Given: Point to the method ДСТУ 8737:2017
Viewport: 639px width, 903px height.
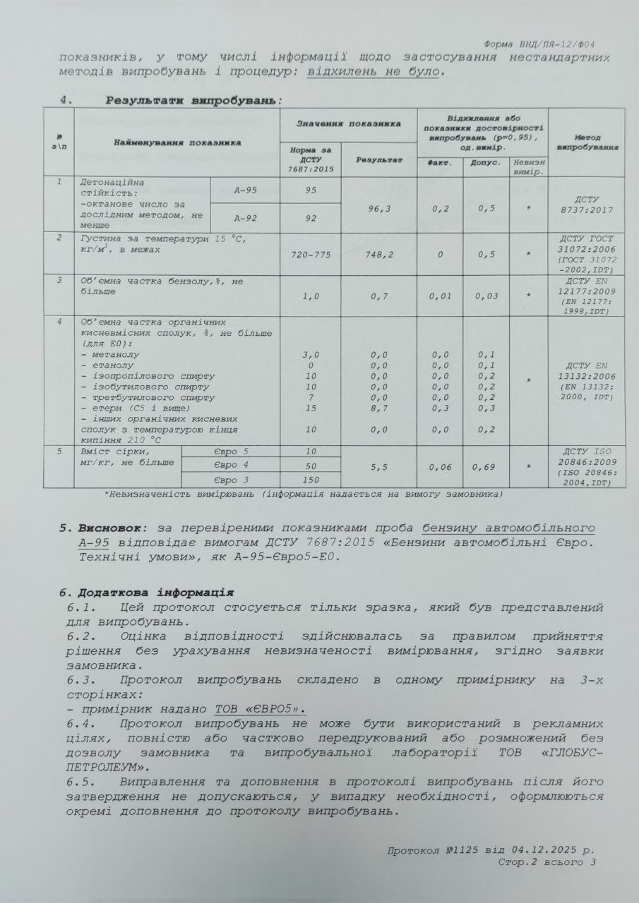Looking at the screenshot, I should pyautogui.click(x=587, y=205).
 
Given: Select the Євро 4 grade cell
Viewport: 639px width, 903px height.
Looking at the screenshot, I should pyautogui.click(x=231, y=466).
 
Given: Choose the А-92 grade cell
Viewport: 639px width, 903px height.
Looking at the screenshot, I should pyautogui.click(x=246, y=218).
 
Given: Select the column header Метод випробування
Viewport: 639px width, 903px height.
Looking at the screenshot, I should pyautogui.click(x=587, y=143).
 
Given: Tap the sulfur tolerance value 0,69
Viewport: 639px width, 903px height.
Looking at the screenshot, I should pyautogui.click(x=485, y=466).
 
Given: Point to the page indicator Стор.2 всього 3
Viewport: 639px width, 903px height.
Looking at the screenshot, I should pyautogui.click(x=547, y=862).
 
